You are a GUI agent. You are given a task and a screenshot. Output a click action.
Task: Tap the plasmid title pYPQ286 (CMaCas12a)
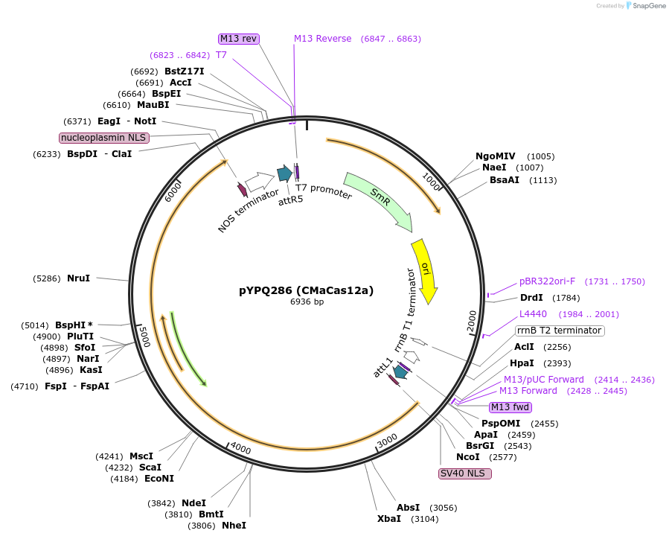coord(306,290)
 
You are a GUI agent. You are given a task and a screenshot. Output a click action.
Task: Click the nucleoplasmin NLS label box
coord(104,138)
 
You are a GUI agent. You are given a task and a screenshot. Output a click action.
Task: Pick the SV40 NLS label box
coord(465,473)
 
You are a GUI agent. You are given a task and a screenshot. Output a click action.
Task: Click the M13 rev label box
coord(238,39)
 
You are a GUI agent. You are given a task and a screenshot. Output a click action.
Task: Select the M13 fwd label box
coord(510,407)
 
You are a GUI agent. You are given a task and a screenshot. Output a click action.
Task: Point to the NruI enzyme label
coord(78,278)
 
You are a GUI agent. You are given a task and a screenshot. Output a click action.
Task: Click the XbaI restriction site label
coord(388,518)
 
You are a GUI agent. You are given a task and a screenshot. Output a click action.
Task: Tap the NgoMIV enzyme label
coord(496,156)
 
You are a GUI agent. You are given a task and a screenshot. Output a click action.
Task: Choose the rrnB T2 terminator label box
coord(559,331)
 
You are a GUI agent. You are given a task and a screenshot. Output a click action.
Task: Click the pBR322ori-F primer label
coord(547,281)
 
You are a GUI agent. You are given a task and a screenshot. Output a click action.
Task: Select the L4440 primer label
coord(533,314)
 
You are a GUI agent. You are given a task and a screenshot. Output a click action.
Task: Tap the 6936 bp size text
coord(307,302)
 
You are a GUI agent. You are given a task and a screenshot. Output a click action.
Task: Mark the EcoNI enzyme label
coord(159,479)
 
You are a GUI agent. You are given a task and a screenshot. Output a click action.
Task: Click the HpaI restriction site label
coord(521,363)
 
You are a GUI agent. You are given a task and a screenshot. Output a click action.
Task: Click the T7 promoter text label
coord(324,191)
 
